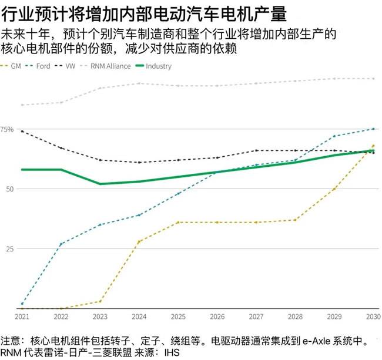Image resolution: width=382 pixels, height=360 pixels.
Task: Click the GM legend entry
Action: pyautogui.click(x=16, y=66)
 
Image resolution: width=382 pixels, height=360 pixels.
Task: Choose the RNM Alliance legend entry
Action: pyautogui.click(x=111, y=66)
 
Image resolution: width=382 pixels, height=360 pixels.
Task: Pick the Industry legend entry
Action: pyautogui.click(x=158, y=66)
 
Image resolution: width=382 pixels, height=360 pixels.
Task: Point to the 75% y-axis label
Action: pyautogui.click(x=7, y=129)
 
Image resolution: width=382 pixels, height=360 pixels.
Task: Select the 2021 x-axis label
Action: pyautogui.click(x=22, y=317)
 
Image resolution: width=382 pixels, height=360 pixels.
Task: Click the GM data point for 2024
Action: pyautogui.click(x=139, y=241)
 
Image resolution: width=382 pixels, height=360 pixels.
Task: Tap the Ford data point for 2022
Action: pyautogui.click(x=61, y=244)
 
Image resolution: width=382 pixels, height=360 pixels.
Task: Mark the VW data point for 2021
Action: pyautogui.click(x=22, y=132)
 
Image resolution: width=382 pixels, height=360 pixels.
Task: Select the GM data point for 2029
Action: pyautogui.click(x=334, y=189)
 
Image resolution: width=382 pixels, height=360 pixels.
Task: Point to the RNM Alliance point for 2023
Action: pyautogui.click(x=100, y=88)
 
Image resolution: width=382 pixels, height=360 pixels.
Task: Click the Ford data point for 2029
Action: pyautogui.click(x=334, y=136)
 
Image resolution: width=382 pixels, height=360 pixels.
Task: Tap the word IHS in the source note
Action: pyautogui.click(x=172, y=353)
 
